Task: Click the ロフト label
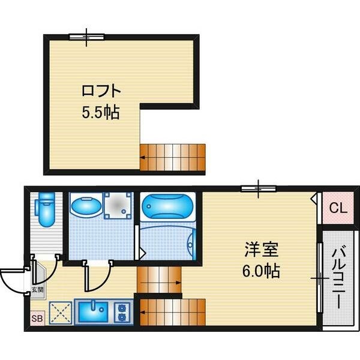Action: click(101, 91)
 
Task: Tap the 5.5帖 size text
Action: click(101, 112)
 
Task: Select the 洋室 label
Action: click(261, 250)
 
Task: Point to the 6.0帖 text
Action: click(261, 271)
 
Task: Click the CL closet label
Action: click(338, 208)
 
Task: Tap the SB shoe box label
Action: click(37, 319)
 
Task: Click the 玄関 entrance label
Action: click(37, 290)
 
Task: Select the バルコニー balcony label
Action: click(339, 278)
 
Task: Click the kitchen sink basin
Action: click(93, 311)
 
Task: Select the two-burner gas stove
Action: click(121, 312)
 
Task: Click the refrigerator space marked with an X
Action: click(61, 313)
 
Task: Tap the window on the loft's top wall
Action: click(87, 37)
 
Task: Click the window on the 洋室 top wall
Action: click(259, 189)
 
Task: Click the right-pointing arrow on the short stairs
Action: click(160, 283)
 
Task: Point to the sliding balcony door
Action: click(320, 278)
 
